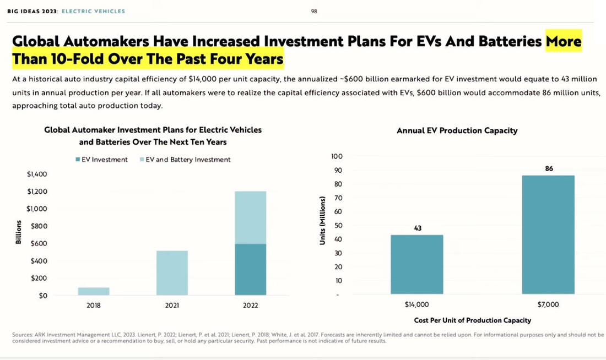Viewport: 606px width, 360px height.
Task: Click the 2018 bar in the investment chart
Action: pyautogui.click(x=93, y=291)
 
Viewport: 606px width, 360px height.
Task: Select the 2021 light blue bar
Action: pyautogui.click(x=172, y=273)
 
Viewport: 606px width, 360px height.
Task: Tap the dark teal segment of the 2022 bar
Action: pyautogui.click(x=251, y=270)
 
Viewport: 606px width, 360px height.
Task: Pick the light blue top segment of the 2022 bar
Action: pyautogui.click(x=251, y=217)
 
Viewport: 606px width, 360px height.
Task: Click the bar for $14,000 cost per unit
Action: pyautogui.click(x=417, y=265)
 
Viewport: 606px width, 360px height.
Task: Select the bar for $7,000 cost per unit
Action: pyautogui.click(x=549, y=235)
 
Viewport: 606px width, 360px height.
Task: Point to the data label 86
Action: pyautogui.click(x=549, y=168)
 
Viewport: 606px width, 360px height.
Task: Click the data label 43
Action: pyautogui.click(x=418, y=228)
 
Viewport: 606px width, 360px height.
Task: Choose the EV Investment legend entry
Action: pyautogui.click(x=101, y=160)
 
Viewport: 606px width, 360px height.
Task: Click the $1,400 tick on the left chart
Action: pyautogui.click(x=37, y=174)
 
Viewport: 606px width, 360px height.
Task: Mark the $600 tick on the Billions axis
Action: pyautogui.click(x=39, y=244)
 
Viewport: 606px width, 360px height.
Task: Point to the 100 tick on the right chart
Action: pyautogui.click(x=337, y=156)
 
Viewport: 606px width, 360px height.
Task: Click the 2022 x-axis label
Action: pyautogui.click(x=251, y=306)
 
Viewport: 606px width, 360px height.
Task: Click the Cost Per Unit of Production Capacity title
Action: pyautogui.click(x=473, y=320)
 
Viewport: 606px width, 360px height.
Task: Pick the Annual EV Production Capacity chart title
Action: pyautogui.click(x=457, y=131)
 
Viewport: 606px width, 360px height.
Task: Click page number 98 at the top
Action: pyautogui.click(x=314, y=11)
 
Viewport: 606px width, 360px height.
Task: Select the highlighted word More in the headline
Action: pyautogui.click(x=563, y=41)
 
